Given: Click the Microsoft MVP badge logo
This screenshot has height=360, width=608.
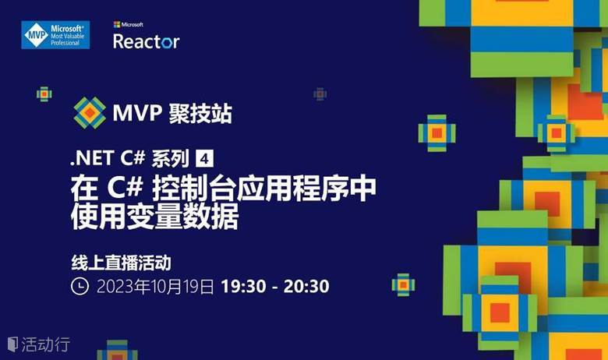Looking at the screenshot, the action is pos(55,35).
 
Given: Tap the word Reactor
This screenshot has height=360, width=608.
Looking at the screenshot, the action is pos(147,41).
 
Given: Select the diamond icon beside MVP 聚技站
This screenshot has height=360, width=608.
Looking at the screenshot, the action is pos(90,113).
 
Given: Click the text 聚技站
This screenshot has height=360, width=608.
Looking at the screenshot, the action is pos(200,113).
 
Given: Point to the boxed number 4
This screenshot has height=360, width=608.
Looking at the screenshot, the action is pos(204,158).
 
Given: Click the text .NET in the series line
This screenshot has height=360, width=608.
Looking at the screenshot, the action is pos(92,158).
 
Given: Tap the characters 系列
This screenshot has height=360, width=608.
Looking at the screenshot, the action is pos(170,158).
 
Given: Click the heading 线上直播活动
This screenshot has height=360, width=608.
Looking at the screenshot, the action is pos(122,263).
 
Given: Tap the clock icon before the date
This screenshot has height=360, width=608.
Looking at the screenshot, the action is pos(80,287).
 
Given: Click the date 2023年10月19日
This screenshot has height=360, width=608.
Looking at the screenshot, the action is pos(155,287).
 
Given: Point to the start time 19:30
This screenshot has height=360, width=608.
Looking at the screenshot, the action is pos(243,287).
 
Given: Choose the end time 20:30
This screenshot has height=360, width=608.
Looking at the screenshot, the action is pos(306,287).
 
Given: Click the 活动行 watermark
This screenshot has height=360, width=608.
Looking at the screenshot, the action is pos(39,344).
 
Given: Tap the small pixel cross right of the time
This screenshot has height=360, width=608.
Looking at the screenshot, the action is pos(403,285).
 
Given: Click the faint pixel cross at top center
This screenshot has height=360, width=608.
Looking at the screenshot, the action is pos(320,94).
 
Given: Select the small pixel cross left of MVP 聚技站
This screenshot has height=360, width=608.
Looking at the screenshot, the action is pos(44,94).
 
